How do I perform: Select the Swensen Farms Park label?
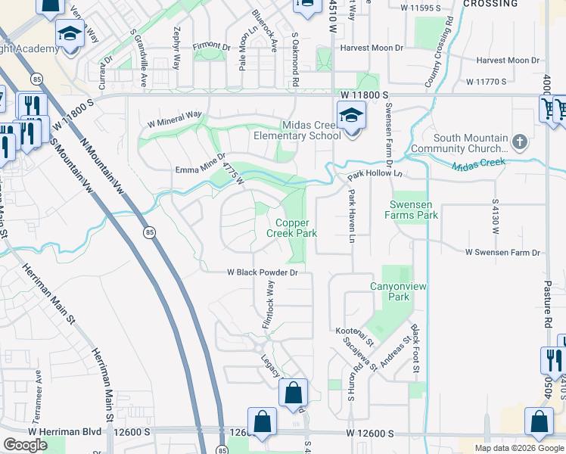pos(414,210)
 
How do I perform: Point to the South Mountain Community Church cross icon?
pos(519,141)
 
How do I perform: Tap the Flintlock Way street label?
pos(267,303)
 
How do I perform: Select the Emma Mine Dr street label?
pos(201,164)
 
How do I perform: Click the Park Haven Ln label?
pos(352,216)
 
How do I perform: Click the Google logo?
pos(25,445)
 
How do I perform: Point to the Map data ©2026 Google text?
pos(518,448)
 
